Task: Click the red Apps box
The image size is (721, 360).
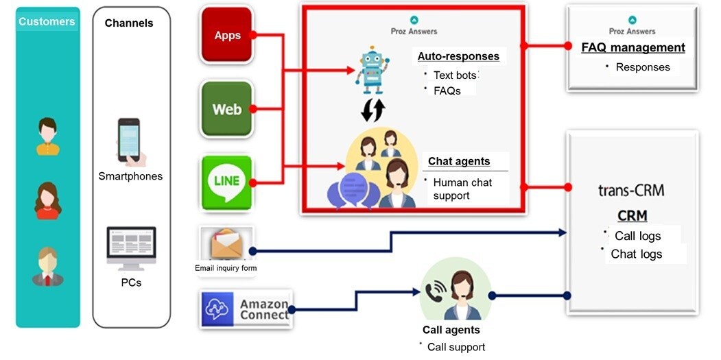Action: [227, 35]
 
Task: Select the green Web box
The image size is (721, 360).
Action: [227, 109]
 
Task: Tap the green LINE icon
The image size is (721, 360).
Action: [227, 182]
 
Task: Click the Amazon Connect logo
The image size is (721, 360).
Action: [246, 309]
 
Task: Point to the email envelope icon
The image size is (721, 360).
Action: [226, 244]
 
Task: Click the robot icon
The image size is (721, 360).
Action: [372, 71]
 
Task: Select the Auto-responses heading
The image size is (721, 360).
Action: [458, 56]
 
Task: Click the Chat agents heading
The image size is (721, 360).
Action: [459, 162]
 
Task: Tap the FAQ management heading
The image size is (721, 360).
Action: [633, 47]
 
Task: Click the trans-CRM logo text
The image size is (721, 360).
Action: [631, 190]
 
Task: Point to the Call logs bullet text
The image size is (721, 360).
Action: [638, 236]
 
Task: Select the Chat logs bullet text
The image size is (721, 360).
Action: [637, 254]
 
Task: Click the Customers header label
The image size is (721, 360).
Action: [47, 21]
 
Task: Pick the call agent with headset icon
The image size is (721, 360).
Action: [452, 293]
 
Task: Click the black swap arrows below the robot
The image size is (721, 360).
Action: [373, 110]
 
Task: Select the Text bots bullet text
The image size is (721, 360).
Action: [455, 75]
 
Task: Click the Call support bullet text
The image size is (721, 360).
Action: [456, 347]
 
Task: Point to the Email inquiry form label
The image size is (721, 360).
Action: [226, 268]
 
